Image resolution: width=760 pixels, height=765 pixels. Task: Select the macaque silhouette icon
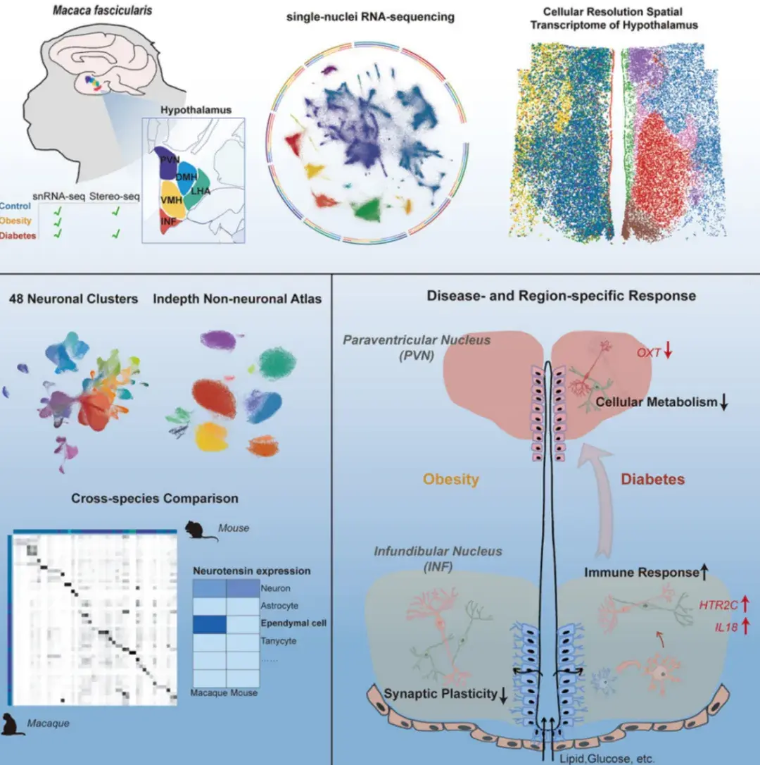pyautogui.click(x=13, y=724)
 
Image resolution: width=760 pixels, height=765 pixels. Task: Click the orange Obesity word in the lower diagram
pyautogui.click(x=450, y=479)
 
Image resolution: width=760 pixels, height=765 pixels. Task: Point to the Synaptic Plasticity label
pyautogui.click(x=441, y=694)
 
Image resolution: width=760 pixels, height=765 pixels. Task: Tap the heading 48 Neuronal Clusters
pyautogui.click(x=73, y=299)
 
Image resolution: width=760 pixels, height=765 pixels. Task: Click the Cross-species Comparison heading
pyautogui.click(x=155, y=499)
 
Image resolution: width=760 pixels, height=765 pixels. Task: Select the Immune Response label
pyautogui.click(x=640, y=573)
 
